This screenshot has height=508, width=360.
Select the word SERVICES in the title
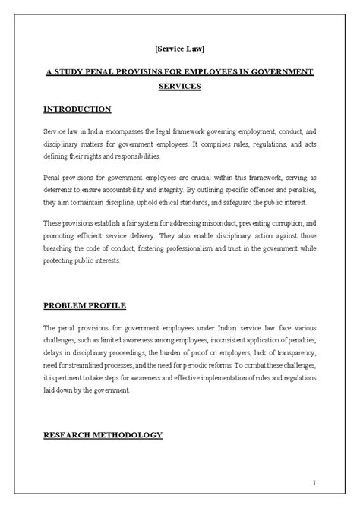(179, 86)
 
